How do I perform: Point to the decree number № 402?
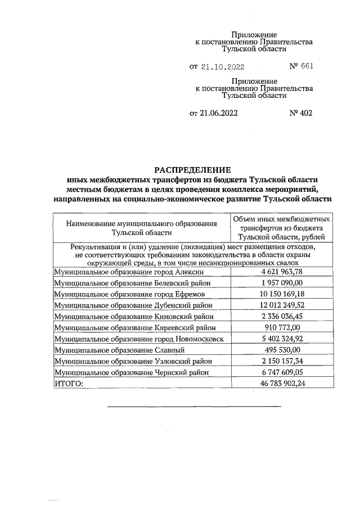pyautogui.click(x=301, y=113)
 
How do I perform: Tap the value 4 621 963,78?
pyautogui.click(x=281, y=272)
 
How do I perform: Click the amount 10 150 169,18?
pyautogui.click(x=281, y=294)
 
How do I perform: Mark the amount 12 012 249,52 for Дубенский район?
pyautogui.click(x=281, y=305)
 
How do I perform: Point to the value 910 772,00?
pyautogui.click(x=281, y=327)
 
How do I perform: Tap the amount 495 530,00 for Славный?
pyautogui.click(x=281, y=350)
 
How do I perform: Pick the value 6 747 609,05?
pyautogui.click(x=281, y=372)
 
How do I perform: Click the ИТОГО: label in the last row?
pyautogui.click(x=68, y=384)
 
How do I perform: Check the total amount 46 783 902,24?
pyautogui.click(x=281, y=384)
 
